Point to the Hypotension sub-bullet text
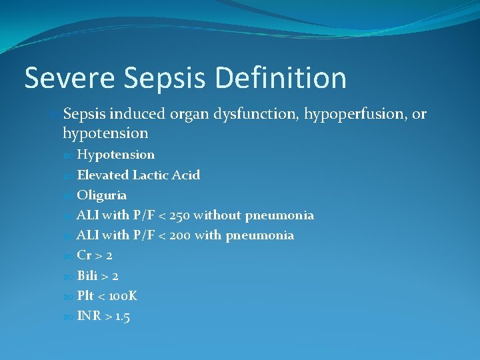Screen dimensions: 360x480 click(x=115, y=155)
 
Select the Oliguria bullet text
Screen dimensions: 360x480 click(x=101, y=195)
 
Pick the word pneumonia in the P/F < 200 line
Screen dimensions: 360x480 click(x=263, y=235)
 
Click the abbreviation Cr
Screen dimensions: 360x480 click(x=84, y=255)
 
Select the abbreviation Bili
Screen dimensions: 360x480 click(x=87, y=275)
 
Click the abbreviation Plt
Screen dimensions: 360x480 click(x=85, y=296)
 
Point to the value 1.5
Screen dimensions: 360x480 click(x=121, y=317)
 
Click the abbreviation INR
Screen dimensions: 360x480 click(x=89, y=316)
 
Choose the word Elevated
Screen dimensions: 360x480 click(x=103, y=175)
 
